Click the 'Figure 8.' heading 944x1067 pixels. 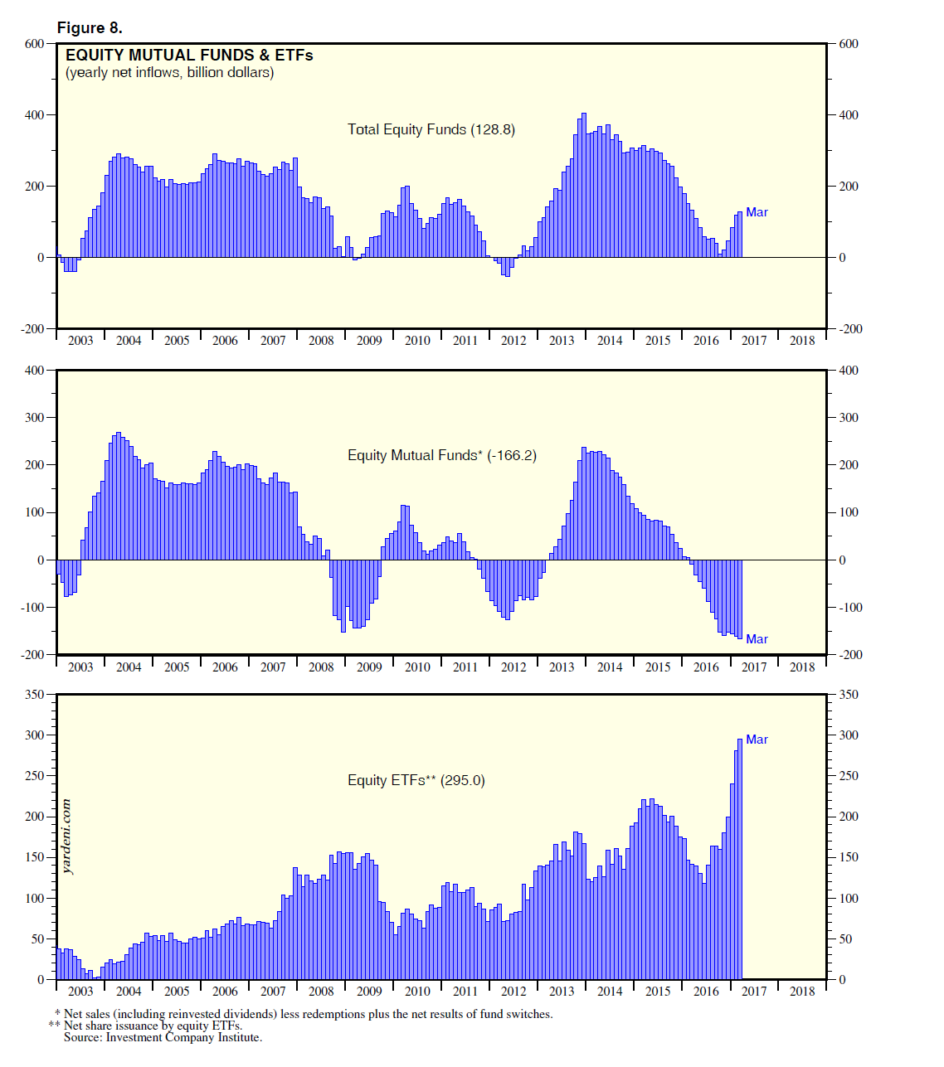coord(90,28)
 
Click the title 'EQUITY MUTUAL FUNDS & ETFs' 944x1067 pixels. coord(189,56)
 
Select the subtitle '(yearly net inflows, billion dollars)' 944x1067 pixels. coord(170,73)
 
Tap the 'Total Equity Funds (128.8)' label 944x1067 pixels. coord(431,129)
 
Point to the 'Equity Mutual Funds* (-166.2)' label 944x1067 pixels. coord(441,455)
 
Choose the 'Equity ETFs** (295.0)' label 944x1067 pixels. coord(416,780)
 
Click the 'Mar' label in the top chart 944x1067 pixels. coord(757,212)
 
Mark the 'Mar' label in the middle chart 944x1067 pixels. coord(757,639)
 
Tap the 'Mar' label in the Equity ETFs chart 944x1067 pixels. coord(757,740)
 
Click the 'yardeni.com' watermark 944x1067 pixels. coord(67,837)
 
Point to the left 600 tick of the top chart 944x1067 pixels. coord(34,44)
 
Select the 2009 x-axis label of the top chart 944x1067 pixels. coord(369,341)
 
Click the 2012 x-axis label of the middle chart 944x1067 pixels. coord(513,667)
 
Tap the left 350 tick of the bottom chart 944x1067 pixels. coord(34,695)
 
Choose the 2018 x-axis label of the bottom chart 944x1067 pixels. coord(802,992)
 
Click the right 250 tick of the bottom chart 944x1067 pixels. coord(849,776)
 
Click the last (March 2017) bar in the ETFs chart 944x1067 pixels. coord(740,859)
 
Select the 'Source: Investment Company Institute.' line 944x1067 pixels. coord(163,1037)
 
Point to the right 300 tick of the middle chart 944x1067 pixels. coord(849,418)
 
